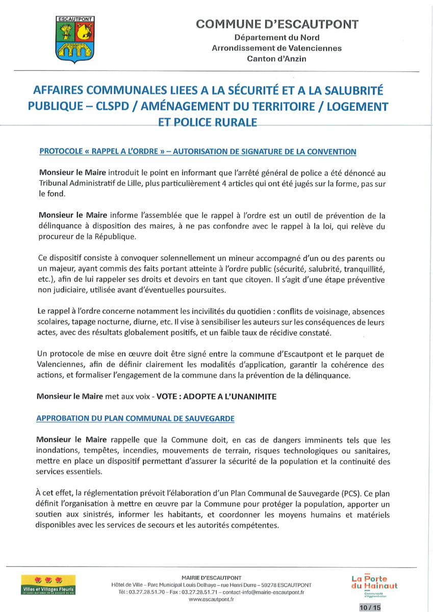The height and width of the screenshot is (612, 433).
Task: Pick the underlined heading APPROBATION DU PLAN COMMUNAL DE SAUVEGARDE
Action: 135,418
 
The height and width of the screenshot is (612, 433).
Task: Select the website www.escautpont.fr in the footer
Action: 211,600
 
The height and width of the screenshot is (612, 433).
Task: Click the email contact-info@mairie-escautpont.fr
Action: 263,592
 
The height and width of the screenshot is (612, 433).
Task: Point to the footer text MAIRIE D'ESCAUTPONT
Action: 211,577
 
